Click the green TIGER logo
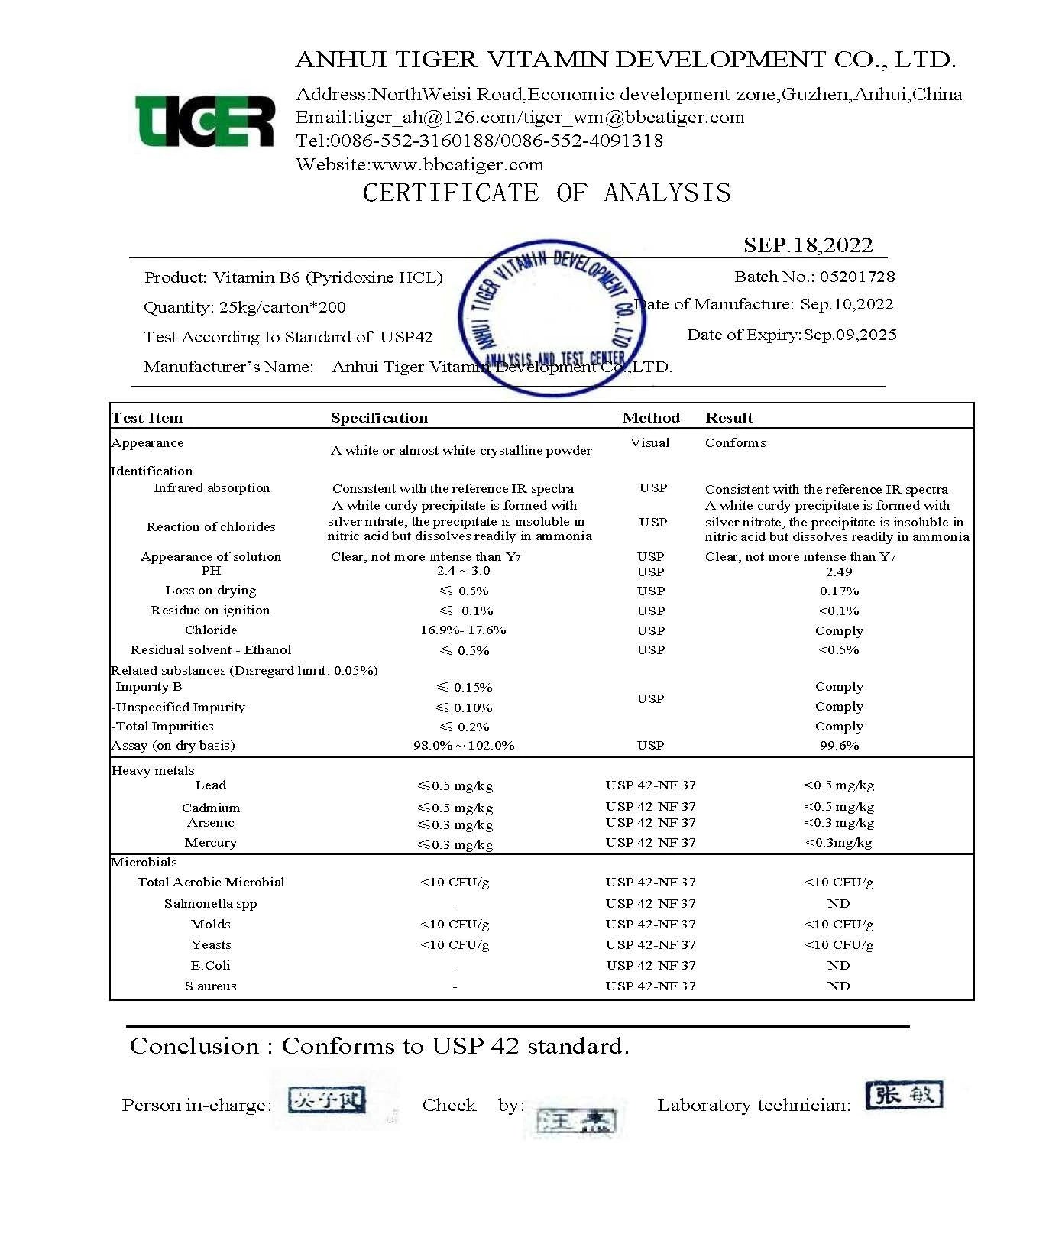coord(204,121)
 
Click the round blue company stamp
coord(552,319)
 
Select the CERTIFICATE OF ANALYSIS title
coord(546,193)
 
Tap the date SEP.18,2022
coord(808,245)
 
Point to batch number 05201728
coord(857,277)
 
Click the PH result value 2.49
coord(838,572)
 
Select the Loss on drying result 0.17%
coord(839,591)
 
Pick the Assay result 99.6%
coord(839,745)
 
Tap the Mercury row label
coord(210,842)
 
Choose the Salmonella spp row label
coord(210,903)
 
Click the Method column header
coord(650,418)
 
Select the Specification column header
coord(379,418)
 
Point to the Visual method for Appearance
coord(649,442)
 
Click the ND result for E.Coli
coord(838,965)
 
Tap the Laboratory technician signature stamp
coord(905,1095)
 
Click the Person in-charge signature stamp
coord(327,1100)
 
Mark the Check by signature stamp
coord(577,1120)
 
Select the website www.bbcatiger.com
coord(458,164)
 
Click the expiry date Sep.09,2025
coord(850,335)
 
